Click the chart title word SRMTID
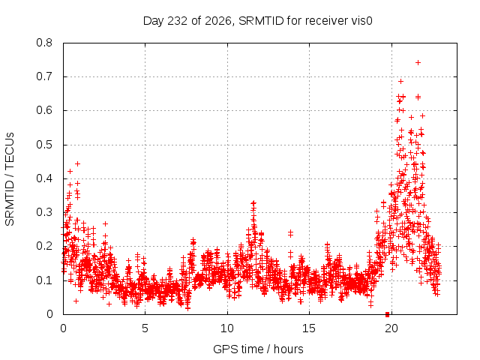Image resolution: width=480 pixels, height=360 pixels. [261, 21]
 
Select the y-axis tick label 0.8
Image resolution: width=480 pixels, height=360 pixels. [44, 43]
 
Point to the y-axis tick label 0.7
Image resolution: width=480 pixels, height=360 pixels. [44, 76]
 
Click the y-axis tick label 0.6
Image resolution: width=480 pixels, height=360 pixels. [44, 110]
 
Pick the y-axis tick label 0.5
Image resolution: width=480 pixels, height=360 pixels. [44, 145]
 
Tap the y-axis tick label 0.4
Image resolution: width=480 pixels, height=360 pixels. [44, 178]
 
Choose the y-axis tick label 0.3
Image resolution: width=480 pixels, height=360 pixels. [44, 212]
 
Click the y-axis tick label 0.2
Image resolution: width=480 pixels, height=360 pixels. [44, 247]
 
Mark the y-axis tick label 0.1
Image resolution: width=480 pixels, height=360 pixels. [44, 280]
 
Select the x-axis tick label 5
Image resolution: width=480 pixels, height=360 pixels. [145, 328]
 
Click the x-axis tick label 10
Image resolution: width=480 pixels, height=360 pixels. [227, 328]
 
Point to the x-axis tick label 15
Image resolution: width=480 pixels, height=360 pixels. [309, 328]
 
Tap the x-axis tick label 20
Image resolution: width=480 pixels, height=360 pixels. [391, 328]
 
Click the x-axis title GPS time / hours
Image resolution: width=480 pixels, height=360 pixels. [258, 349]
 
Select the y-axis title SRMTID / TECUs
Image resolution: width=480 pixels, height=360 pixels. [10, 179]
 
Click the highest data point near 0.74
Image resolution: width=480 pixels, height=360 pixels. [418, 63]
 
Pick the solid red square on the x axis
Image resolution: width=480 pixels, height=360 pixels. [387, 314]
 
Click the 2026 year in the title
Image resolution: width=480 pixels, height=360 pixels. [217, 21]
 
